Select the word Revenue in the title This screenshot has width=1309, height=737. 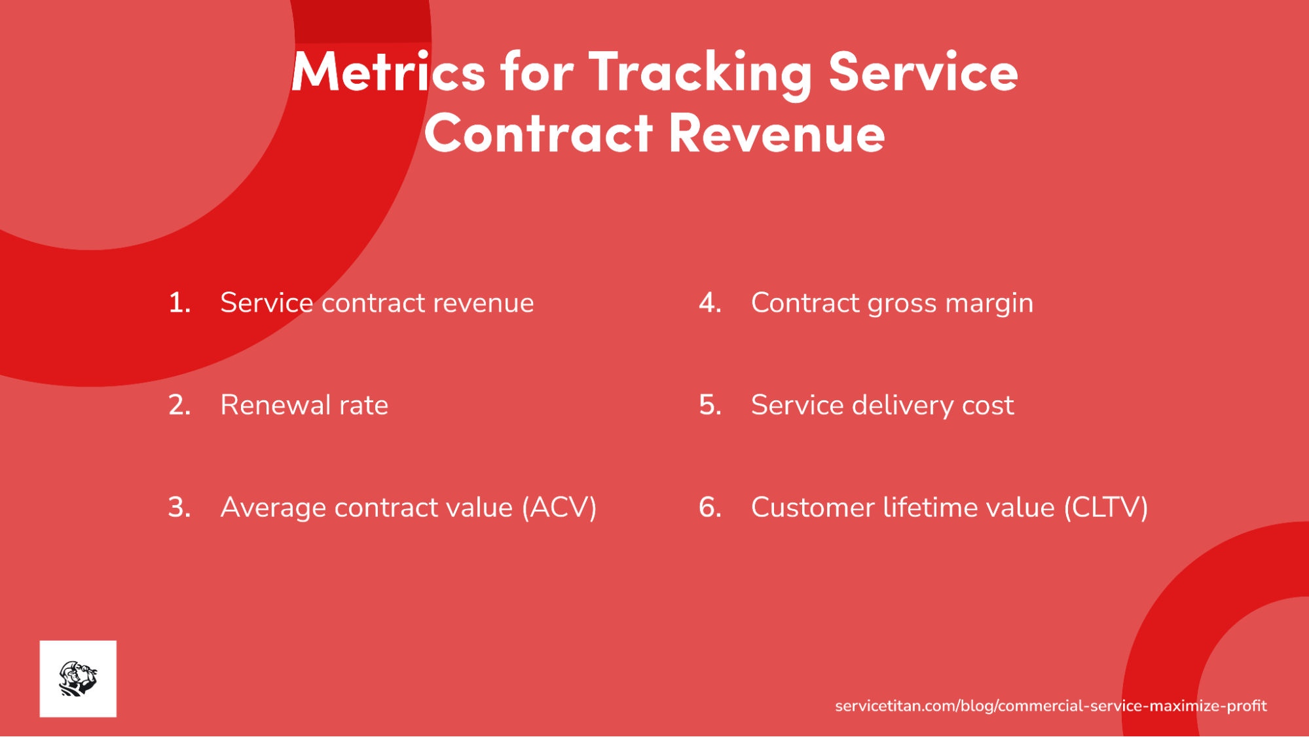[777, 134]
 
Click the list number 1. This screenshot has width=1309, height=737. [179, 303]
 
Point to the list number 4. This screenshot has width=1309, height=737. [710, 303]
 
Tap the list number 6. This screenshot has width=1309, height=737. [710, 508]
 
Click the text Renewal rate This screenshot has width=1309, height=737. [304, 406]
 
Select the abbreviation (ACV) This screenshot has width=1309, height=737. [559, 508]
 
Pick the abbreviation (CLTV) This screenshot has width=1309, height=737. [1106, 508]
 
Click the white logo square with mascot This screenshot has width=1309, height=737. [78, 679]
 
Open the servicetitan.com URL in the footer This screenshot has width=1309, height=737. [1050, 706]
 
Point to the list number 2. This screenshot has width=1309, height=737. [179, 406]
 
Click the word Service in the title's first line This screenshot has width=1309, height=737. [923, 72]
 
